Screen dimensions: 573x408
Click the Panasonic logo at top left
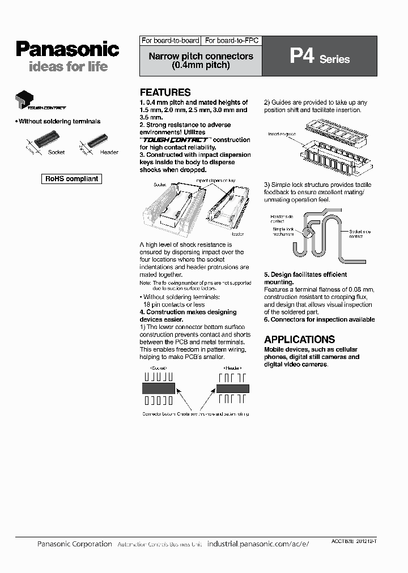click(67, 49)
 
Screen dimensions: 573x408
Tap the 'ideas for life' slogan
click(67, 67)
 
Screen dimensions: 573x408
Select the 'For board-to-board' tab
click(170, 41)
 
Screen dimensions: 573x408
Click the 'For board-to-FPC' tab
click(231, 41)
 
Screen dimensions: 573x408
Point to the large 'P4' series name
click(301, 57)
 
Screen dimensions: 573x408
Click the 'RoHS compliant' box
click(72, 179)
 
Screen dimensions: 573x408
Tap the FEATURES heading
click(165, 92)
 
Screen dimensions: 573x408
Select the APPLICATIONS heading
click(299, 340)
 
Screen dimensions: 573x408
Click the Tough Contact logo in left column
click(40, 102)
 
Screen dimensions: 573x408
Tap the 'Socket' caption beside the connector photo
click(57, 152)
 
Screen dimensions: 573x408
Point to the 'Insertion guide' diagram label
click(281, 134)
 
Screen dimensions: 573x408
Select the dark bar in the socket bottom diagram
click(158, 388)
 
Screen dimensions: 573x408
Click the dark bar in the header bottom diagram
click(232, 388)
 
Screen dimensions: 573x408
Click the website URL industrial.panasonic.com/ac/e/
click(258, 544)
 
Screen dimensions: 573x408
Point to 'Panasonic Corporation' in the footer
click(74, 544)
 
